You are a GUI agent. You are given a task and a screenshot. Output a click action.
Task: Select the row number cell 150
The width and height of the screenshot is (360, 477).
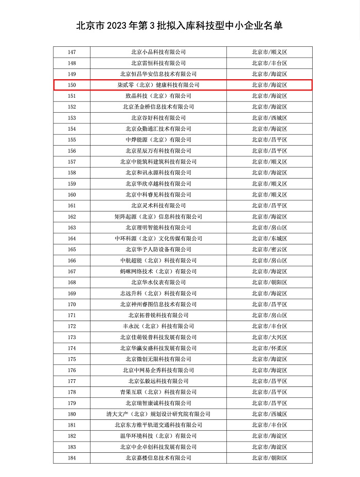[x=72, y=85]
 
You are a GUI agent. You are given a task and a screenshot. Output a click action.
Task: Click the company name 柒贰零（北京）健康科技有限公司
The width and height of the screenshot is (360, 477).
[x=158, y=85]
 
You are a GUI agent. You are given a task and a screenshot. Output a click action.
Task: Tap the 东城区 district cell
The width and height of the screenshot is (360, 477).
[x=269, y=238]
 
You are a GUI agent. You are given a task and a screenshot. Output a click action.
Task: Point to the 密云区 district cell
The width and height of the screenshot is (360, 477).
[x=269, y=250]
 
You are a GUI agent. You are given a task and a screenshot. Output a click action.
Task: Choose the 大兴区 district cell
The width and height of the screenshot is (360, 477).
[x=269, y=337]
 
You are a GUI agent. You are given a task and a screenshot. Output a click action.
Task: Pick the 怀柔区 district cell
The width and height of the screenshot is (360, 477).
[x=269, y=348]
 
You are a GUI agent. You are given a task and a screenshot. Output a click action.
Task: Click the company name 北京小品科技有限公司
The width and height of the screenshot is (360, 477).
[x=158, y=52]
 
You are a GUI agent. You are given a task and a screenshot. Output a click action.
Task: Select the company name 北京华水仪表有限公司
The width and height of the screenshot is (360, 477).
[x=158, y=282]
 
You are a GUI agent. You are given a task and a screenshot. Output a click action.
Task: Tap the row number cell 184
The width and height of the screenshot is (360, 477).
[x=72, y=457]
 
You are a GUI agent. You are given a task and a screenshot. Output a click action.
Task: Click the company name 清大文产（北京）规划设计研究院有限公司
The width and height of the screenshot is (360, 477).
[x=158, y=414]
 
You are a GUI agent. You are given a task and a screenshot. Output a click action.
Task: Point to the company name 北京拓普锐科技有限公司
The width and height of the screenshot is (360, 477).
[x=158, y=315]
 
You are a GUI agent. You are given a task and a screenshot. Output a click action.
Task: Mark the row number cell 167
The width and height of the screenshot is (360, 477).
[x=72, y=271]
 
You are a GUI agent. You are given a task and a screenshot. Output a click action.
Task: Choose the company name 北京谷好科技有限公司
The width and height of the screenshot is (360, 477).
[x=158, y=118]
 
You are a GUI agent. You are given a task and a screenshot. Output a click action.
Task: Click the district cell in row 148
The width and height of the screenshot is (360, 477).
[x=269, y=63]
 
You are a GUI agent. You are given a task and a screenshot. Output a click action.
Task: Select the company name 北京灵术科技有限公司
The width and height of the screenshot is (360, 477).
[x=158, y=205]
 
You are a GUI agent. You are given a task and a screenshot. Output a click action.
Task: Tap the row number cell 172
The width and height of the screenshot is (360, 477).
[x=72, y=326]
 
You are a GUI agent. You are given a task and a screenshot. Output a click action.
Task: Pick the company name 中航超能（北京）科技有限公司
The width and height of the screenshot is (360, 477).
[x=158, y=260]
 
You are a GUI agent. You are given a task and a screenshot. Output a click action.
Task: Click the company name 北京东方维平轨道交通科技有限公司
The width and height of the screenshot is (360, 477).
[x=158, y=425]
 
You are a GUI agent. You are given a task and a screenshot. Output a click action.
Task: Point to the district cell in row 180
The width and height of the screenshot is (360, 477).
[x=269, y=414]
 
